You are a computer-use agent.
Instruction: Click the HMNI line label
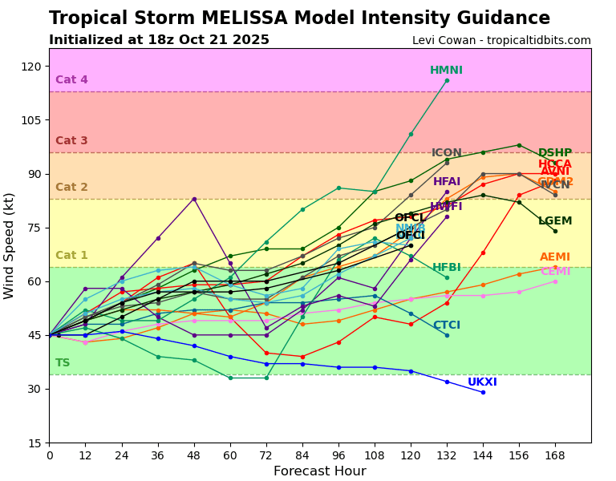(x=446, y=71)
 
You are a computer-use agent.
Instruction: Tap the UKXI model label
(x=482, y=382)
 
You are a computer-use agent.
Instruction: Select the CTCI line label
(x=447, y=325)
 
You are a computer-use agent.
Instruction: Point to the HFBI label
(x=447, y=268)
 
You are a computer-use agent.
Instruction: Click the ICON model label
(x=447, y=153)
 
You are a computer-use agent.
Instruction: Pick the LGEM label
(x=555, y=221)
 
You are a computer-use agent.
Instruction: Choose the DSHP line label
(x=555, y=153)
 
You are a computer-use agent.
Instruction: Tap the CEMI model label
(x=555, y=272)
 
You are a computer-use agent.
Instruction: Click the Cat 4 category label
(x=71, y=80)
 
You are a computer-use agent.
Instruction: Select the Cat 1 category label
(x=71, y=256)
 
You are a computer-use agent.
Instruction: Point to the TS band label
(x=63, y=363)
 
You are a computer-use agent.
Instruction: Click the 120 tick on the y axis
(x=32, y=67)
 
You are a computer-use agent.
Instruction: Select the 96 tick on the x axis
(x=338, y=455)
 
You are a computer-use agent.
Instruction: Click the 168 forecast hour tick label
(x=555, y=455)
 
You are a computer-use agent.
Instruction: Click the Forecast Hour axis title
(x=319, y=471)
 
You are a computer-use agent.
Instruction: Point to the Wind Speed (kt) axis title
(x=10, y=245)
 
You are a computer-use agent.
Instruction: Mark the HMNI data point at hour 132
(x=447, y=80)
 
